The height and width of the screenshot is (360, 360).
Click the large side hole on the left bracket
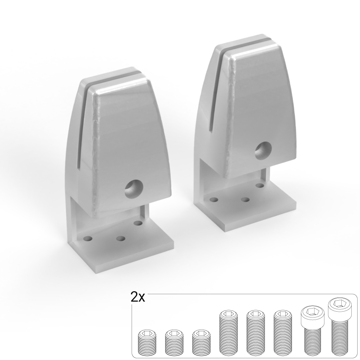(x=134, y=189)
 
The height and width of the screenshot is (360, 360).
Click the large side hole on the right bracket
(x=264, y=151)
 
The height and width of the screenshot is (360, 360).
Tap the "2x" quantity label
(x=138, y=297)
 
